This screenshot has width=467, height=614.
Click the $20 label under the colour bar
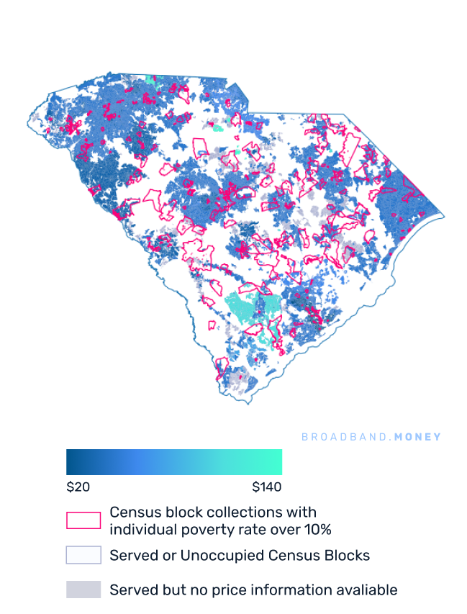(78, 487)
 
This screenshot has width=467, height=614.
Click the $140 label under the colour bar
(267, 487)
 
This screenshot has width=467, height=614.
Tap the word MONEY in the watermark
(418, 437)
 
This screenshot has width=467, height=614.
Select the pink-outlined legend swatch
(83, 520)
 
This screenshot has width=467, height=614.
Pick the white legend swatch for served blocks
(83, 555)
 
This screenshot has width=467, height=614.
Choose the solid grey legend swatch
(83, 590)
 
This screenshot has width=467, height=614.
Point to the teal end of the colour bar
(277, 461)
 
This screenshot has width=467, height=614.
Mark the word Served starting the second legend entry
(130, 556)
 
